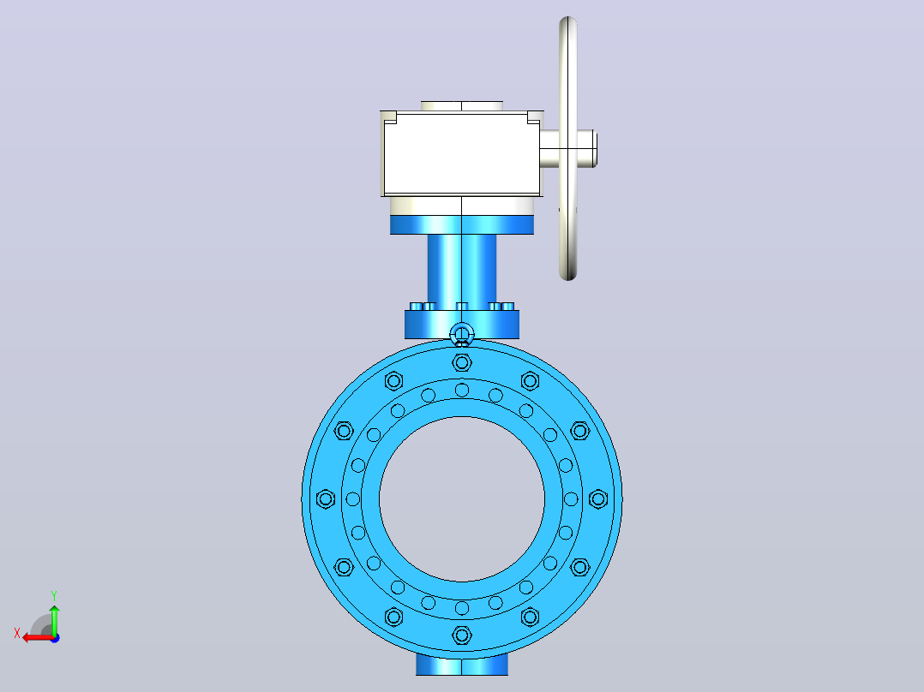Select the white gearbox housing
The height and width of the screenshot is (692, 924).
coord(461,153)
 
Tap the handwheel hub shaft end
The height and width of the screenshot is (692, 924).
coord(595,148)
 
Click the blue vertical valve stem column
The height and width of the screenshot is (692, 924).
coord(461,269)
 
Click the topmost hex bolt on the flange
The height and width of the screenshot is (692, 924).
coord(462,362)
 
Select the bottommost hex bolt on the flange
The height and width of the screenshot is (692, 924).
coord(462,635)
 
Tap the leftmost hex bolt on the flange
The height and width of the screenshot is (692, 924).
coord(326,498)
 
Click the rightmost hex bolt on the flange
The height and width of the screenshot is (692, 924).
coord(598,498)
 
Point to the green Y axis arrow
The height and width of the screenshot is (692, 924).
coord(54,619)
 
